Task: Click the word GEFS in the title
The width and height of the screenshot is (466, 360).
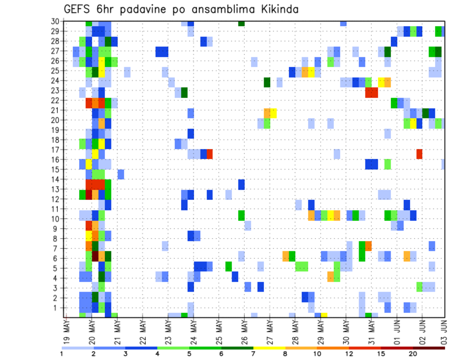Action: pos(78,9)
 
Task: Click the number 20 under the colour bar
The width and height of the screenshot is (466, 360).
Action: pos(413,354)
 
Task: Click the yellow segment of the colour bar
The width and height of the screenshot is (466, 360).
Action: pos(269,348)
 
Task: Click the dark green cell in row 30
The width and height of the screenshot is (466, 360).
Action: pos(241,23)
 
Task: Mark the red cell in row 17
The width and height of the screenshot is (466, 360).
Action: pos(210,154)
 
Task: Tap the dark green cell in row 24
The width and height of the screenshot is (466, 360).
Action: pos(267,82)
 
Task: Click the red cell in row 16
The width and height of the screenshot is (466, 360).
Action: pos(419,154)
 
